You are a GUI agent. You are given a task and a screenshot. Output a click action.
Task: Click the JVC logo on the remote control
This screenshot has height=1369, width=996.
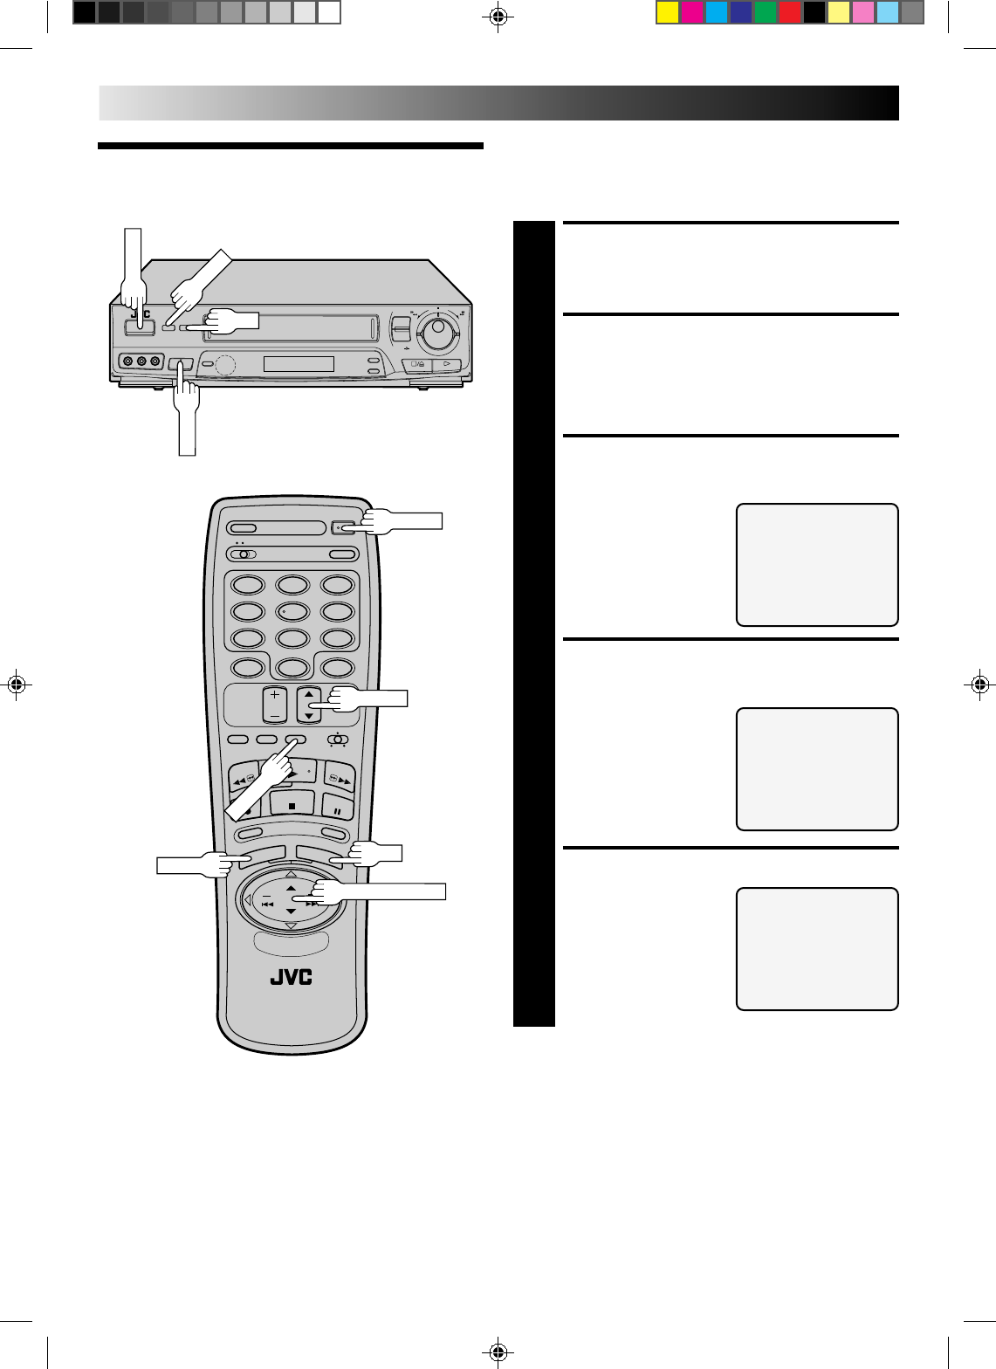pos(291,977)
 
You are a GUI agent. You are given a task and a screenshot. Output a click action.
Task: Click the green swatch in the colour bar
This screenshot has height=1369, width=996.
pos(766,12)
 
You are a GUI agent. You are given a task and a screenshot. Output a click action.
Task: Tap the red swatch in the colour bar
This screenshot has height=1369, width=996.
pos(790,12)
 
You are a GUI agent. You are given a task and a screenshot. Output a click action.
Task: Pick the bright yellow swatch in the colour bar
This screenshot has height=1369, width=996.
pos(668,12)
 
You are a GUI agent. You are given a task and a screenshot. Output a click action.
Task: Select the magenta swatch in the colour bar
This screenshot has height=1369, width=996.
pos(692,12)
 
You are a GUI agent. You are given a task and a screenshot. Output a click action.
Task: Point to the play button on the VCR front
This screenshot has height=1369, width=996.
pos(445,366)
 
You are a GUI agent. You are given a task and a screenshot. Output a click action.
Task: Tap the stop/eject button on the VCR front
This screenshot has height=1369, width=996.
pos(416,366)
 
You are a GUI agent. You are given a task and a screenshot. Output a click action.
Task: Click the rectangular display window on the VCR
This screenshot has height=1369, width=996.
pos(299,364)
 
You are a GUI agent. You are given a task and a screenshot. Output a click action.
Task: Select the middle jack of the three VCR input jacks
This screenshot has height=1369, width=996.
pos(141,361)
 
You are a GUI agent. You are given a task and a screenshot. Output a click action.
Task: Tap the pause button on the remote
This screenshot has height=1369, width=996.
pos(337,808)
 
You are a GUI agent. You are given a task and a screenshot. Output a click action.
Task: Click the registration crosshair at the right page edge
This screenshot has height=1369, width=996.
pos(979,684)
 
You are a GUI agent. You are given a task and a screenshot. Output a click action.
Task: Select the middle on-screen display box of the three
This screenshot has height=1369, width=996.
pos(817,768)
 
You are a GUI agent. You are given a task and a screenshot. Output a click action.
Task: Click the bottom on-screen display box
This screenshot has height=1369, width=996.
pos(817,949)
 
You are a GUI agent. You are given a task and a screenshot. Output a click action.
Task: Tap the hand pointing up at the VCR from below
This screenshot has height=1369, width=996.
pos(186,410)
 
